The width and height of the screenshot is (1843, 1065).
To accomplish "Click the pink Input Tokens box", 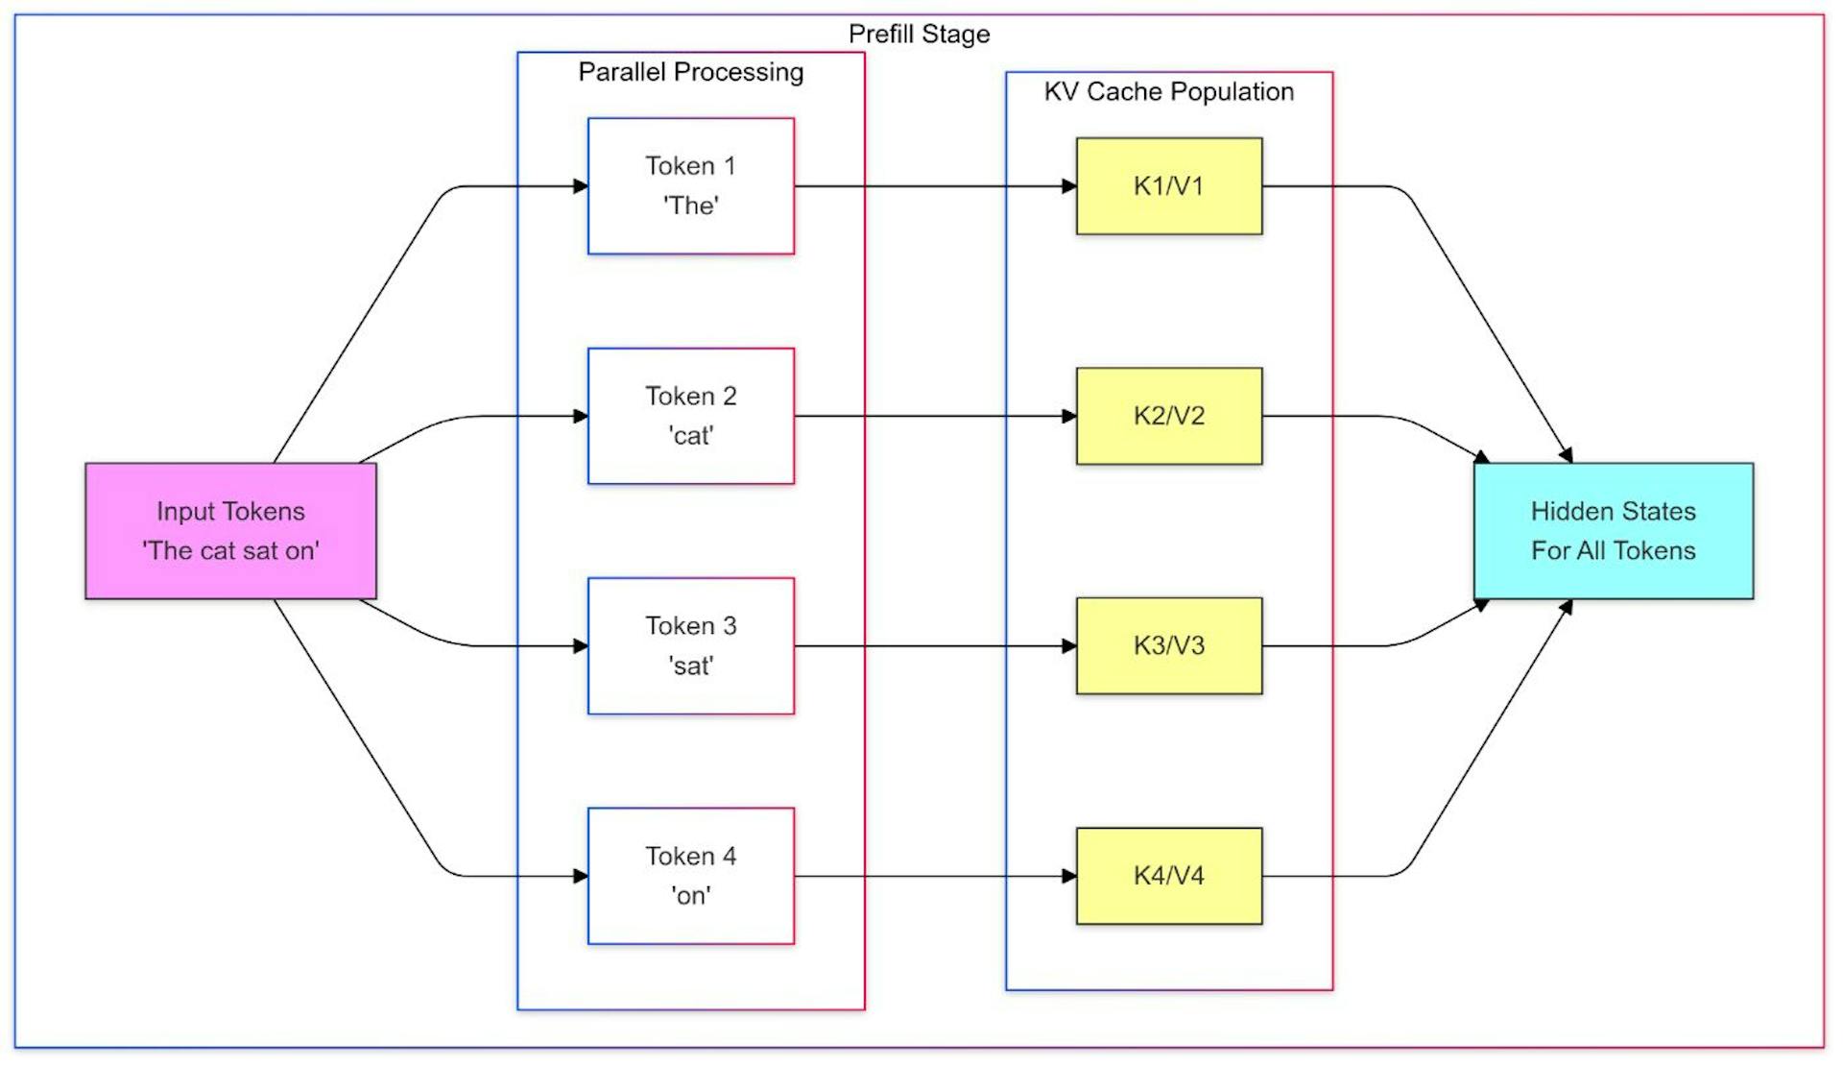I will (230, 530).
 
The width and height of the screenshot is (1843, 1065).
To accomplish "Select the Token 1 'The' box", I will (690, 185).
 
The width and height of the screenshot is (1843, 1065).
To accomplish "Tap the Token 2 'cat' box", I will (690, 416).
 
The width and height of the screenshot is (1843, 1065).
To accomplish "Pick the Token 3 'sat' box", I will (690, 645).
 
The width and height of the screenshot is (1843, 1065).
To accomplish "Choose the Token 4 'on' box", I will (690, 875).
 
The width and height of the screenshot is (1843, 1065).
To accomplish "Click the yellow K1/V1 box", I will (1168, 185).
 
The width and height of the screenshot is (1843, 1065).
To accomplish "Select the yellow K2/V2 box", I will (1168, 416).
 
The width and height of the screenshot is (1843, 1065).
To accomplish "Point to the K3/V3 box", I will (1168, 645).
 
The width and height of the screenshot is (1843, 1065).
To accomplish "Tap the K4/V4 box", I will (1168, 875).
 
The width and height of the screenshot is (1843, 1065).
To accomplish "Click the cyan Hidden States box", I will (1613, 530).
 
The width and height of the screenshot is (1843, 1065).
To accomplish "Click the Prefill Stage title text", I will (919, 34).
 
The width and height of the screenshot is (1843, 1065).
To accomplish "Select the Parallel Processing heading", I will (690, 72).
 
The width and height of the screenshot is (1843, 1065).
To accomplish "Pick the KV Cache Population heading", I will (1168, 91).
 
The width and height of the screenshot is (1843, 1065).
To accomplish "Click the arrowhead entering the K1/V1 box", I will (1068, 186).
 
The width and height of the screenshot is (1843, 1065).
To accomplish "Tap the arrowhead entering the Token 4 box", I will (580, 876).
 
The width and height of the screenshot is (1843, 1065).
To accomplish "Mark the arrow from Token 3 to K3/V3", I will (931, 646).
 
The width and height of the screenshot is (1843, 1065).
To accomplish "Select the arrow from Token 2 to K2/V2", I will (931, 416).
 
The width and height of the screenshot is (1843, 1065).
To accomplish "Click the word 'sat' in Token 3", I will (690, 666).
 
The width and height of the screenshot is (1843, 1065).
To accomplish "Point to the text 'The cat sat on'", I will (230, 550).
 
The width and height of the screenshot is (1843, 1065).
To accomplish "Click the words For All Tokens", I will (1613, 550).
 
